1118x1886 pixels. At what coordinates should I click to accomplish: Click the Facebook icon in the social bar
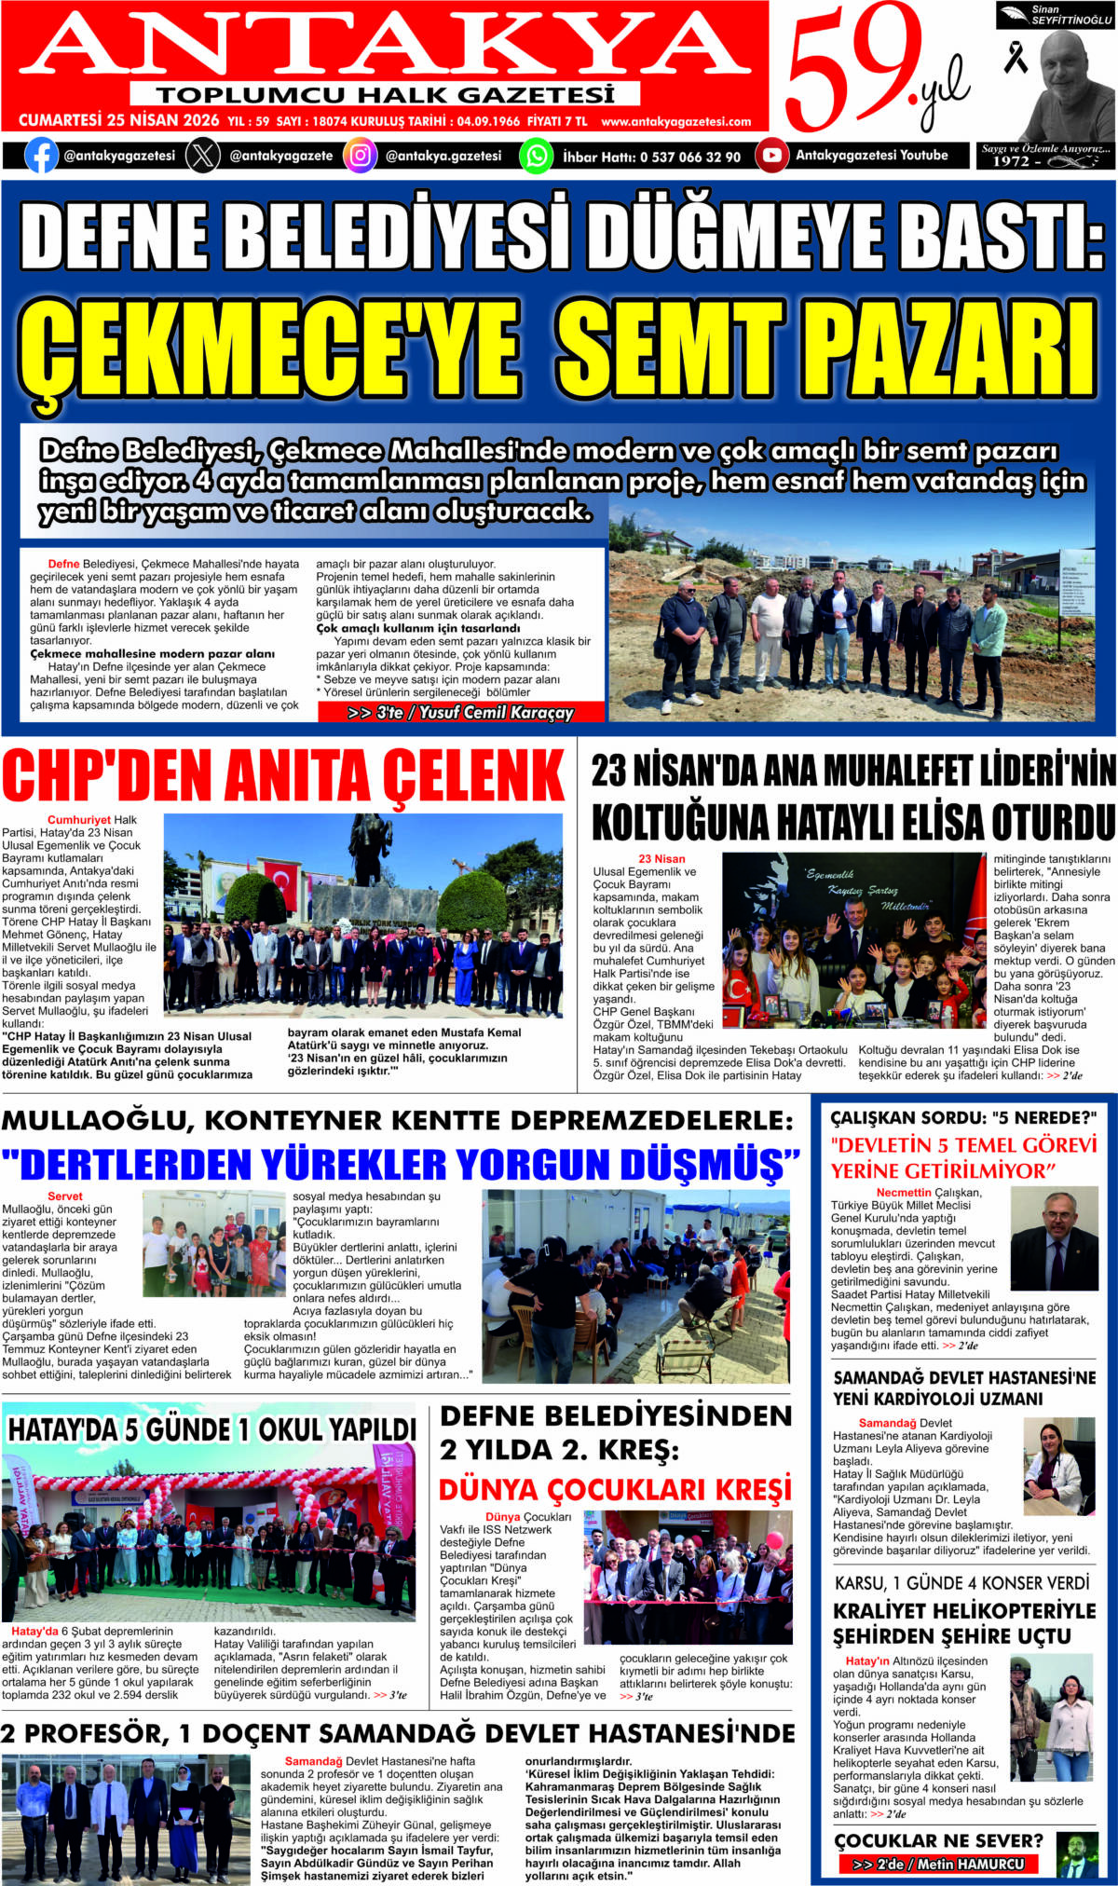click(41, 156)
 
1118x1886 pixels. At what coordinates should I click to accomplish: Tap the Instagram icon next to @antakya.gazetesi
click(360, 156)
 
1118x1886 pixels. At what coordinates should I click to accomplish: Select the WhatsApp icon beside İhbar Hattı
click(536, 156)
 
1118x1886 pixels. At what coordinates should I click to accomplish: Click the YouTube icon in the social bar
click(771, 156)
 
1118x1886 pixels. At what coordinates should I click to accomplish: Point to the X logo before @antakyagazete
click(202, 156)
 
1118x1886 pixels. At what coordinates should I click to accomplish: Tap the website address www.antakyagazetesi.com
click(675, 122)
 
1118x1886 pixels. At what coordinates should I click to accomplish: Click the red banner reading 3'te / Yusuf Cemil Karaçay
click(460, 713)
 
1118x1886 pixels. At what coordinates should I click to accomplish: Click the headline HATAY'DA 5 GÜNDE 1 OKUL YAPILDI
click(211, 1430)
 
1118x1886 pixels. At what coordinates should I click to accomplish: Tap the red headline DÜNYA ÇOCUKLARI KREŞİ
click(615, 1489)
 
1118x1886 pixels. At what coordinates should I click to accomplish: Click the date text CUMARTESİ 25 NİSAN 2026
click(119, 121)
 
